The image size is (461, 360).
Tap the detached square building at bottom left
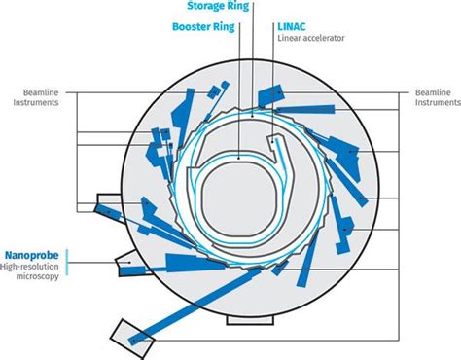point(126,336)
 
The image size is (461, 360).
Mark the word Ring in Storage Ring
point(236,6)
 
